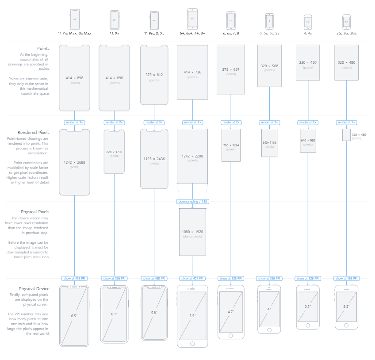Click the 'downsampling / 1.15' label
pos(192,202)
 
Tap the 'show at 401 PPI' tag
pos(192,279)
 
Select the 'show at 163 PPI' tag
pos(346,279)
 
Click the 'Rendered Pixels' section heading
pos(34,132)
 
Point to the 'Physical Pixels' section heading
pos(35,212)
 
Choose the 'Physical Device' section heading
pos(34,288)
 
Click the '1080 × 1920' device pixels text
pos(192,231)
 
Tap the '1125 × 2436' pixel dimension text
pos(154,158)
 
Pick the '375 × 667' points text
pos(231,69)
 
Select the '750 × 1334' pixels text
pos(231,145)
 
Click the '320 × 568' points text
pos(269,66)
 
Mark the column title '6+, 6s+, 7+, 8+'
pos(192,34)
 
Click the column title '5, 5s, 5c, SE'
pos(269,34)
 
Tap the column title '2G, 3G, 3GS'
pos(346,34)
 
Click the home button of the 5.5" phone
pos(192,343)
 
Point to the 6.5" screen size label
pos(75,316)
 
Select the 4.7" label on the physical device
pos(231,312)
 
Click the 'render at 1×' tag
pos(346,123)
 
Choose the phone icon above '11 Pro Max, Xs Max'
pos(75,19)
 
